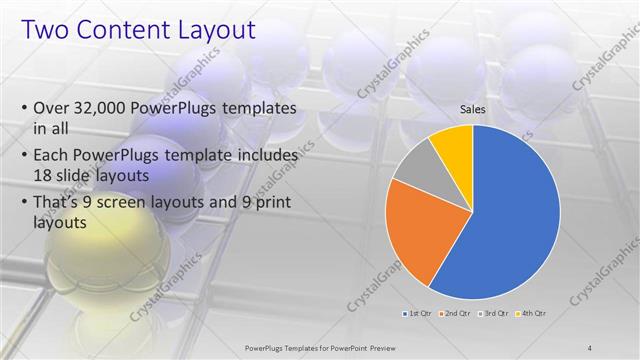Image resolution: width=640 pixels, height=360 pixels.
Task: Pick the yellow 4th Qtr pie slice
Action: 453,146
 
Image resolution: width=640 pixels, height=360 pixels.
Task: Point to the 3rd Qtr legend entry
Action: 494,314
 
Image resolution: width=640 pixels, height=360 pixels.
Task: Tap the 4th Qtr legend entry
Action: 531,314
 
